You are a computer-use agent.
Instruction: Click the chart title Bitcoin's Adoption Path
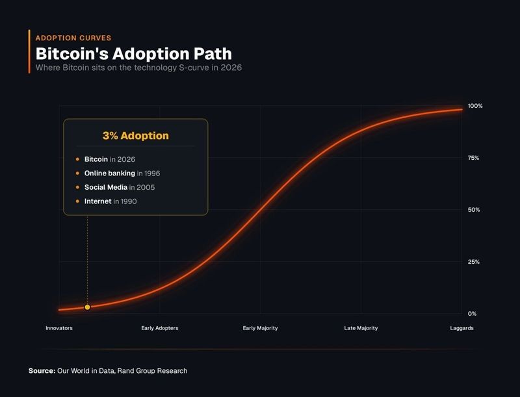coord(133,53)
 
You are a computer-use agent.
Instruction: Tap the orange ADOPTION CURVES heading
coord(73,38)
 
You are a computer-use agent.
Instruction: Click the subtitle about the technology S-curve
coord(138,68)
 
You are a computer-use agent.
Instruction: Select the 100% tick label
coord(475,106)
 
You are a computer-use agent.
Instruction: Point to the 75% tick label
coord(473,158)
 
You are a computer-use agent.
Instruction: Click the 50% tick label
coord(473,210)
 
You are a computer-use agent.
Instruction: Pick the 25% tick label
coord(473,262)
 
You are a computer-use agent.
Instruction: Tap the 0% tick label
coord(472,313)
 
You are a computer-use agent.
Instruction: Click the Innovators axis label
coord(59,328)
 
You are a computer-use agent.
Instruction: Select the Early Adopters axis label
coord(159,328)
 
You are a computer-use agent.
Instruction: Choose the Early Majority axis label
coord(260,328)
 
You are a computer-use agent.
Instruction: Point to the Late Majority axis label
coord(361,328)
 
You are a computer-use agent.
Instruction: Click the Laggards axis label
coord(461,328)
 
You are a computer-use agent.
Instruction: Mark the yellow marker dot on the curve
coord(88,307)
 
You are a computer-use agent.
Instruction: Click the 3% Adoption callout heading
coord(135,136)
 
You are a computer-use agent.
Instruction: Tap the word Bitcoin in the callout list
coord(96,159)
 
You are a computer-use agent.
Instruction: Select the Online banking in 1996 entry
coord(122,173)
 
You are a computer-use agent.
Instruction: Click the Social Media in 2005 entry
coord(119,188)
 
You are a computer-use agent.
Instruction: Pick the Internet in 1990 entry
coord(110,201)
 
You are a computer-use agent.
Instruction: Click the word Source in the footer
coord(42,371)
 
